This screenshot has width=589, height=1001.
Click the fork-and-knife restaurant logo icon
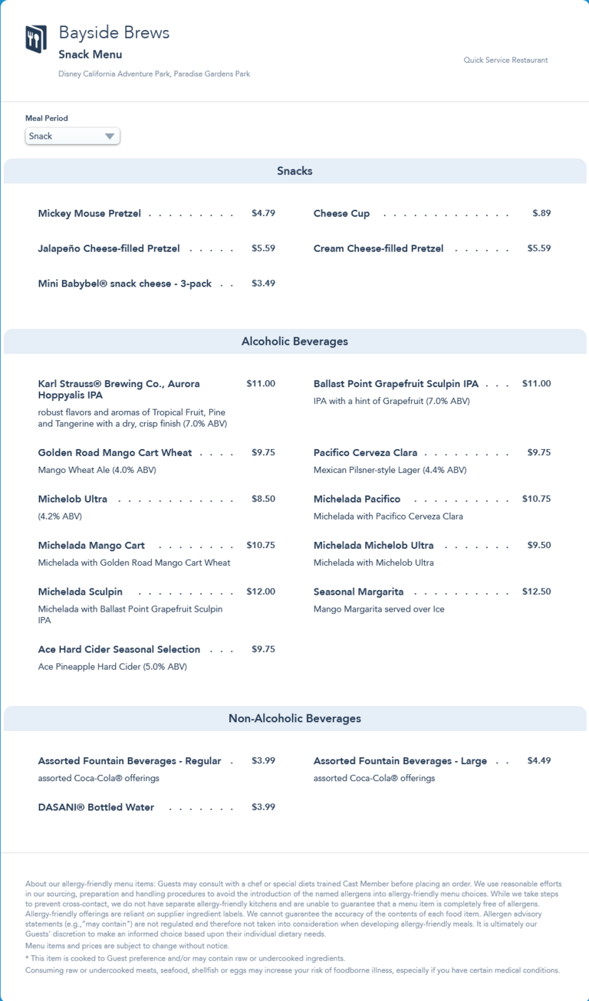click(x=36, y=38)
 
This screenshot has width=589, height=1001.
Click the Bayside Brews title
click(x=114, y=33)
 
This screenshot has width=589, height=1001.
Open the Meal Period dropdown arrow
click(x=110, y=136)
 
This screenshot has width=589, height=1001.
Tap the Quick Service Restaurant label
click(x=505, y=60)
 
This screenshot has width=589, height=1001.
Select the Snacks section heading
click(x=294, y=171)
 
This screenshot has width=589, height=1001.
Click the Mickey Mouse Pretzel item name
click(x=90, y=214)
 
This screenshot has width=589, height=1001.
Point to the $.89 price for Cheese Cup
click(x=541, y=213)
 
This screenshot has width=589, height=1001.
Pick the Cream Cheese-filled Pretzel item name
click(x=378, y=248)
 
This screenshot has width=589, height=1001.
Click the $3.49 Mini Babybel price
click(x=263, y=283)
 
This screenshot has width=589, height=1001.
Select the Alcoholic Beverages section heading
click(x=294, y=341)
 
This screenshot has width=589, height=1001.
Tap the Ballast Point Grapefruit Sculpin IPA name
click(x=396, y=383)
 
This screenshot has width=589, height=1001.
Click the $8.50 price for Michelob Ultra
click(x=263, y=498)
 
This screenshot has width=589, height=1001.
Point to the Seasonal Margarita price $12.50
click(x=536, y=591)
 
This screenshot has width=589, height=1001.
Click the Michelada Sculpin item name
click(x=81, y=592)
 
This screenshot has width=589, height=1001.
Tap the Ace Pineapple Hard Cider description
click(x=112, y=667)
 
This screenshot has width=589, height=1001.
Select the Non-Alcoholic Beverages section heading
click(x=294, y=718)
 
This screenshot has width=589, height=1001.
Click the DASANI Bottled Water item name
click(x=96, y=807)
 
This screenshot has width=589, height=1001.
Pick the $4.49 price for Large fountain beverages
click(x=538, y=760)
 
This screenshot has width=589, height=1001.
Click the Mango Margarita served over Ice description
click(x=379, y=609)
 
